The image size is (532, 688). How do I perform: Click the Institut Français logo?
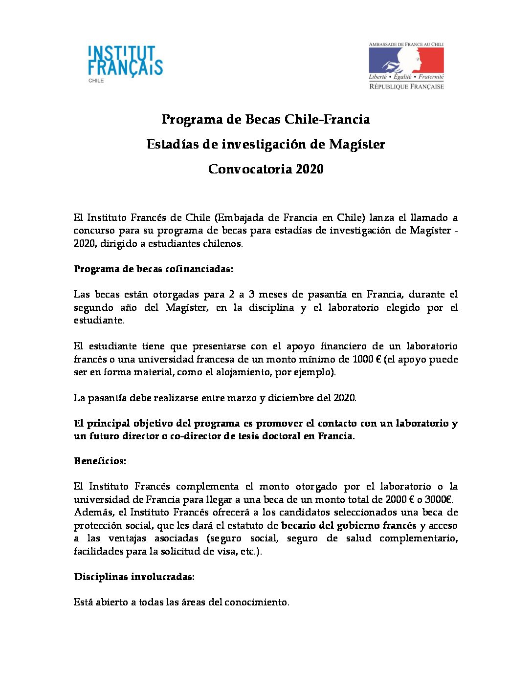point(125,61)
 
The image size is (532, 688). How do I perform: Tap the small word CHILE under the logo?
point(96,81)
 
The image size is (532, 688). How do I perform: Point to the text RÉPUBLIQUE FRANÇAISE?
point(406,86)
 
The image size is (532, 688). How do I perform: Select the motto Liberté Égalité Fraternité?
point(406,77)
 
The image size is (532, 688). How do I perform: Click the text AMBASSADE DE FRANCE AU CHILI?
point(406,44)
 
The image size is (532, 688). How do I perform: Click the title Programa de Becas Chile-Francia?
point(266,119)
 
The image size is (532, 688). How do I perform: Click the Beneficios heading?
point(100,461)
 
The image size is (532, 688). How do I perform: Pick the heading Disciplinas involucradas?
point(134,577)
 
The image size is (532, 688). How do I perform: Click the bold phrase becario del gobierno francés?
point(349,525)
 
